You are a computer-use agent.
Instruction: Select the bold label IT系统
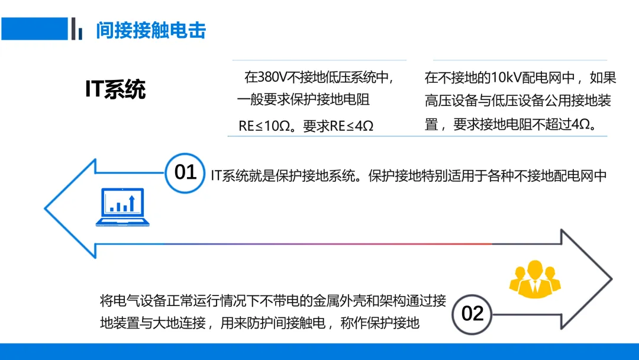click(x=115, y=89)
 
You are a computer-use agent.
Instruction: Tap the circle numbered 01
click(x=185, y=172)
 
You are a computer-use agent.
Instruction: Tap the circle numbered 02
click(x=472, y=313)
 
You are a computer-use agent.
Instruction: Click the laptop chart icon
click(x=122, y=208)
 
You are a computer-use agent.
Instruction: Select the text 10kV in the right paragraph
click(x=508, y=77)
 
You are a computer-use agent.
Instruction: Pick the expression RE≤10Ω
click(x=261, y=126)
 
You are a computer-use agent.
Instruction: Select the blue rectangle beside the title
click(x=34, y=28)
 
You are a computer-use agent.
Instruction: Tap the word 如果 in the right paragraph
click(x=603, y=77)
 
